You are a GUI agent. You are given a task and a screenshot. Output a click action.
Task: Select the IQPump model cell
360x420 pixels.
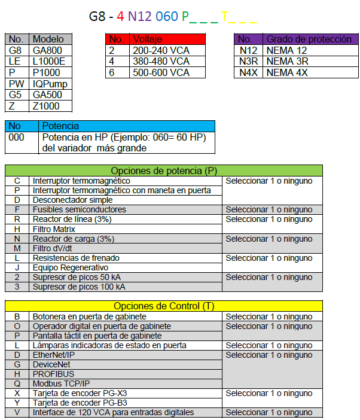50,84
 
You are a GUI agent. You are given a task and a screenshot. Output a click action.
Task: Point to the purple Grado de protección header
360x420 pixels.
309,39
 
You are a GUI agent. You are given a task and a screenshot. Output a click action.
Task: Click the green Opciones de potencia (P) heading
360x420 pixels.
163,171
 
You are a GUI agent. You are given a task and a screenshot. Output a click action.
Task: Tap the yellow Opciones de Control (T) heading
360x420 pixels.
163,306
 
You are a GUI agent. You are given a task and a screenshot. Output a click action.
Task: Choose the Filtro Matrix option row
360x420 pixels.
54,229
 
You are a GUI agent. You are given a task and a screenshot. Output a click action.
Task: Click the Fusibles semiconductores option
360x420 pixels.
79,209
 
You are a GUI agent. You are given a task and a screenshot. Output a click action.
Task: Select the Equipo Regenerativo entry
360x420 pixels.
71,267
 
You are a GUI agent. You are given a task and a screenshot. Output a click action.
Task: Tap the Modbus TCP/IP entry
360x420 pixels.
62,384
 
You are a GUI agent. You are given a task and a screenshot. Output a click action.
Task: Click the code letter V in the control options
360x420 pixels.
17,412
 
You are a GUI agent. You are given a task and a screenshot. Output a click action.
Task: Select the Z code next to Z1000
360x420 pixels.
13,106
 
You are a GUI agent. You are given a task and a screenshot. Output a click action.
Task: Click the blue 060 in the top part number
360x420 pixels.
167,16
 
